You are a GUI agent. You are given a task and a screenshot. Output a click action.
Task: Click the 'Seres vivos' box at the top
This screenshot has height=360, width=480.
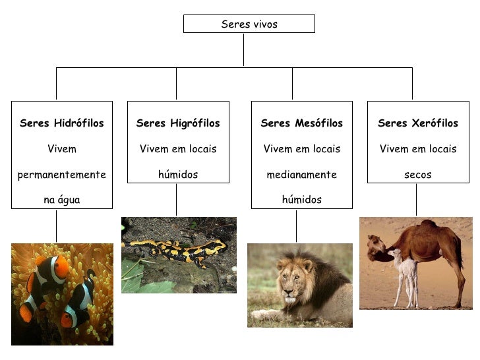[x=249, y=24]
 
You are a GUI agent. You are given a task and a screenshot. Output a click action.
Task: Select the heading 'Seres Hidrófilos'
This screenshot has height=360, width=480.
[x=62, y=123]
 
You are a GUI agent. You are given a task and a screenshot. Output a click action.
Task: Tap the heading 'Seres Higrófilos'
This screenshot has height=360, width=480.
[x=178, y=123]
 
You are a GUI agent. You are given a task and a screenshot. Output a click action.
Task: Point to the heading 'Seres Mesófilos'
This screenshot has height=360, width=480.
[x=302, y=123]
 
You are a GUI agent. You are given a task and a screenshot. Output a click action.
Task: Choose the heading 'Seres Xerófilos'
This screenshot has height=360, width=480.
[x=418, y=123]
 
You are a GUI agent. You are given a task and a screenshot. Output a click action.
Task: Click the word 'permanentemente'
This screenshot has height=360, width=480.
[x=62, y=175]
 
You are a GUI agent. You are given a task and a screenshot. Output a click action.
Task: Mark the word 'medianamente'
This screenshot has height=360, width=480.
[x=302, y=175]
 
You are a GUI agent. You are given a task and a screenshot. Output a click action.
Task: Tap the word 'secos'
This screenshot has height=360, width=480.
[x=418, y=175]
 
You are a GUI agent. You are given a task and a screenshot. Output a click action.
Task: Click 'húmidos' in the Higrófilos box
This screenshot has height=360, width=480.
[x=178, y=175]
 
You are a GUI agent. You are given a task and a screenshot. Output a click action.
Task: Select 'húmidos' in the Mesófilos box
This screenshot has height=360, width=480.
[x=302, y=200]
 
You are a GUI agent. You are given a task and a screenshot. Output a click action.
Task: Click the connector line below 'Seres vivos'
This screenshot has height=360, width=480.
[x=244, y=49]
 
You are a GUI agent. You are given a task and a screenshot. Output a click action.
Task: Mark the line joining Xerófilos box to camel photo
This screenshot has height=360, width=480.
[x=415, y=200]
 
